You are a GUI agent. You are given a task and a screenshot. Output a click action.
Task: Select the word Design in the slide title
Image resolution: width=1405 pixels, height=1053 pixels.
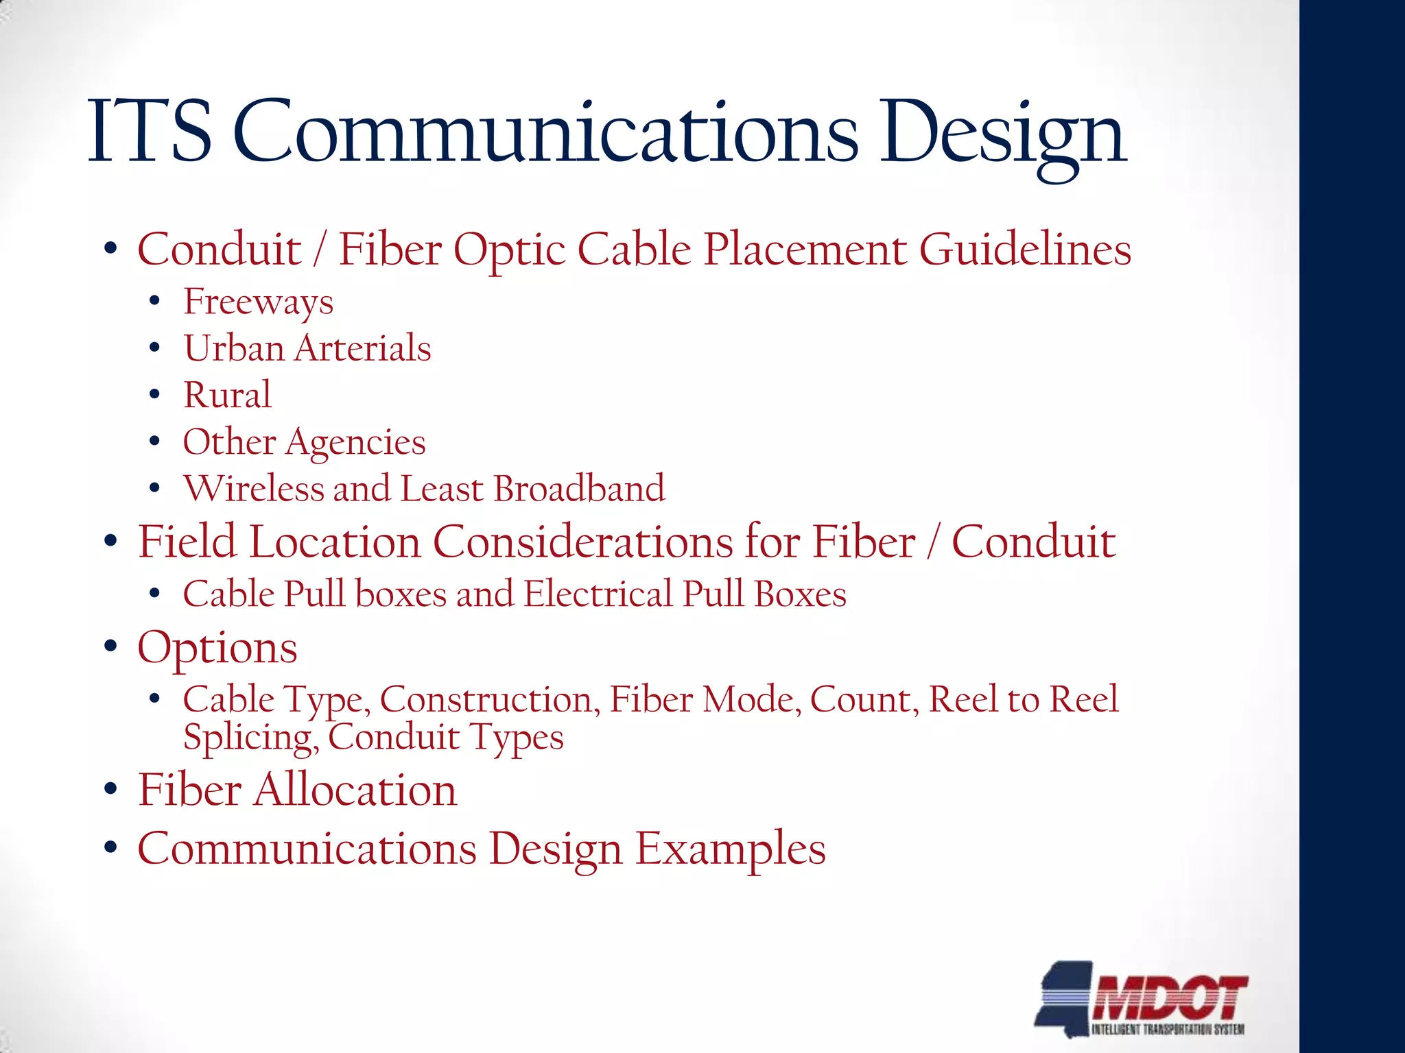pyautogui.click(x=1003, y=134)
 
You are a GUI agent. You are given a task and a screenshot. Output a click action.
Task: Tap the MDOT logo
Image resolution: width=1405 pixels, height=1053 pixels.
pyautogui.click(x=1142, y=998)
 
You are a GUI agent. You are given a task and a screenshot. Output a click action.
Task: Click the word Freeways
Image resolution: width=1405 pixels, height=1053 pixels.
pyautogui.click(x=258, y=302)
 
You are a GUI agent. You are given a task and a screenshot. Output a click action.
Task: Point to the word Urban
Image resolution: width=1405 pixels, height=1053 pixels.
pyautogui.click(x=234, y=348)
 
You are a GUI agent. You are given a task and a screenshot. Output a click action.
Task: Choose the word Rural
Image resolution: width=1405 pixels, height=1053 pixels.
pyautogui.click(x=227, y=395)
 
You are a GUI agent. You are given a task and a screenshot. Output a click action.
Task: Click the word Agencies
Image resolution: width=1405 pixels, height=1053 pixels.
pyautogui.click(x=355, y=442)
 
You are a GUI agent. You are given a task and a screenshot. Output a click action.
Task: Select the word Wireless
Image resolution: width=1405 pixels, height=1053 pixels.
pyautogui.click(x=253, y=489)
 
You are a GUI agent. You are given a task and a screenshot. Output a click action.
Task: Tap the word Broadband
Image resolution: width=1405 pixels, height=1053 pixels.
pyautogui.click(x=579, y=489)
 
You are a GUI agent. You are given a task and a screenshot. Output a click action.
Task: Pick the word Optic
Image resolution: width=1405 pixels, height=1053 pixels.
pyautogui.click(x=509, y=250)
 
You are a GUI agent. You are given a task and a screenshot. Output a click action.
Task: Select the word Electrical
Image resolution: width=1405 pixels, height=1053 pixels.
pyautogui.click(x=598, y=594)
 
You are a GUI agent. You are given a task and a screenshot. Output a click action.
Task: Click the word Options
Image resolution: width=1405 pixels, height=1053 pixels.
pyautogui.click(x=217, y=649)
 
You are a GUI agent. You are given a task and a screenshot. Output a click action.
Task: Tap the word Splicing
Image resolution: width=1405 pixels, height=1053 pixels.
pyautogui.click(x=250, y=738)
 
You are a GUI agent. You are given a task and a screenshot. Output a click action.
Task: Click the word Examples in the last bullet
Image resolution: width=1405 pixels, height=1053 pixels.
pyautogui.click(x=731, y=849)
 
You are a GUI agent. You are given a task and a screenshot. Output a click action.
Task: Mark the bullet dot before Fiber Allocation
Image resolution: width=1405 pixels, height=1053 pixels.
pyautogui.click(x=111, y=790)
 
